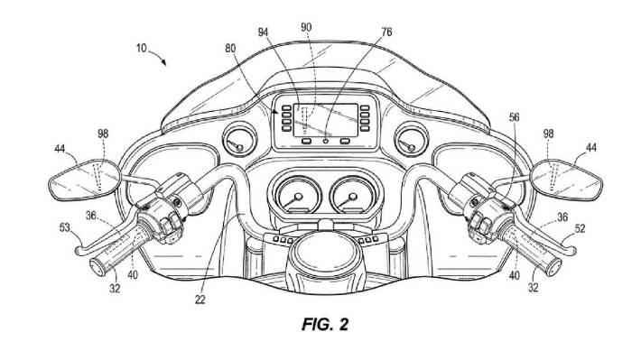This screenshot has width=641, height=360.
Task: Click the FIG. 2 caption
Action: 325,325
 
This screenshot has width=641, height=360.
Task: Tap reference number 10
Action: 141,48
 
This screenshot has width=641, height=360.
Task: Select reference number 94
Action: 264,32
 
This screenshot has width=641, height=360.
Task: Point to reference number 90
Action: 306,27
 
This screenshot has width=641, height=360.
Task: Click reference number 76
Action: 386,32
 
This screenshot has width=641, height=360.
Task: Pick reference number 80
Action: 230,48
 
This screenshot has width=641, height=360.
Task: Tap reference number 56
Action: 514,117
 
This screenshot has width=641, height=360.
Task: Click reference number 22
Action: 200,300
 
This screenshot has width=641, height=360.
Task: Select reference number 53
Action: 65,227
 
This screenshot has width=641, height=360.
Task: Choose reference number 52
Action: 581,229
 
